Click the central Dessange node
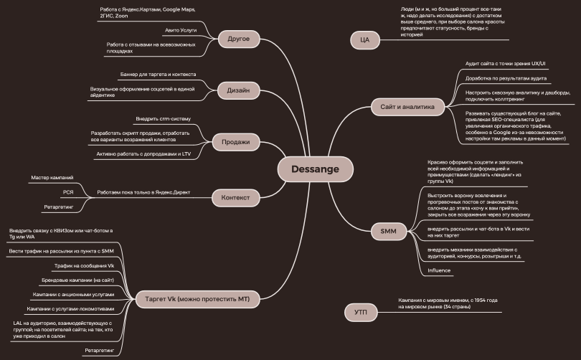[316, 169]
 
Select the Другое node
[239, 39]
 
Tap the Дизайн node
[238, 90]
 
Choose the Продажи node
[236, 142]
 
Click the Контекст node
[235, 198]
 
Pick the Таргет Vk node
[197, 299]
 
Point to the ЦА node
[365, 40]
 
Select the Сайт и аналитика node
[407, 107]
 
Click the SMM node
[388, 232]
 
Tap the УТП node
[361, 313]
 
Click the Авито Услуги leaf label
[181, 30]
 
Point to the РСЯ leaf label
[68, 192]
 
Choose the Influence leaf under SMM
[439, 270]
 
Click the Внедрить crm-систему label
[163, 119]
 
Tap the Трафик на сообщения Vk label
[84, 266]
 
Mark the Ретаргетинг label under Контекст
[59, 207]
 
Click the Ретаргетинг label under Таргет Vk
[99, 351]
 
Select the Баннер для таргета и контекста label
[159, 75]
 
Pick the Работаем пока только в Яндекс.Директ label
[143, 193]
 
